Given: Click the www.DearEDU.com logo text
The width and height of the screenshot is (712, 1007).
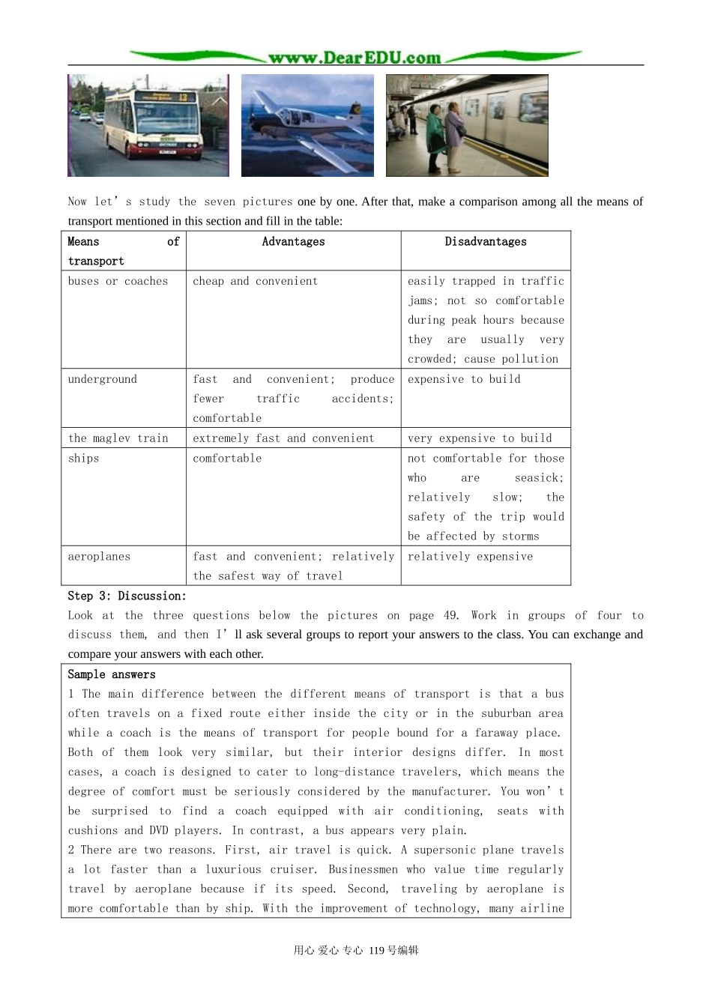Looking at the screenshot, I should pos(355,58).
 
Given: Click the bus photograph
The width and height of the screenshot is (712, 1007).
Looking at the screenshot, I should pos(148,125).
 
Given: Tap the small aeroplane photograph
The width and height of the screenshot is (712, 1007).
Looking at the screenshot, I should pos(307,125).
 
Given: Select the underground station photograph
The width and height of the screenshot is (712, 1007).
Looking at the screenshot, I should pos(467,125).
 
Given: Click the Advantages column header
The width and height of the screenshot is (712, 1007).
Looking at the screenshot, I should pos(293,242).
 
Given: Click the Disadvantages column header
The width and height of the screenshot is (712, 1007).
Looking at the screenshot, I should pos(486,242).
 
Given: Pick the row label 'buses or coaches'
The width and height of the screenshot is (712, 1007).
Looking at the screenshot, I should pos(118,282).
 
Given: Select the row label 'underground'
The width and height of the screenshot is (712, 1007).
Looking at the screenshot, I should pos(103,380).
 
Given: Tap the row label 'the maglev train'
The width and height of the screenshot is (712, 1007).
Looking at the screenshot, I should pos(118,438).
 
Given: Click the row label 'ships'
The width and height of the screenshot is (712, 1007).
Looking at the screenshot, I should pos(83,459).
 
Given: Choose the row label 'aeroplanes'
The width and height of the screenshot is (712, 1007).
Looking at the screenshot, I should pos(99,557).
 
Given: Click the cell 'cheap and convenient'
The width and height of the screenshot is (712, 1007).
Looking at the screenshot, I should pos(255,282).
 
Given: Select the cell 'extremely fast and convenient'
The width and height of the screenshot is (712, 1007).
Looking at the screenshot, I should pos(283,438).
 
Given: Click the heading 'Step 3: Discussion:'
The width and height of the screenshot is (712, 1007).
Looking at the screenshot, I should pos(127,596).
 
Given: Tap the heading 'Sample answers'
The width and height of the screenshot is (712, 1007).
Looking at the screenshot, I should pos(112,675).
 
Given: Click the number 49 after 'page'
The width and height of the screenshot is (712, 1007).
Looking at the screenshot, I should pos(450,616).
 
